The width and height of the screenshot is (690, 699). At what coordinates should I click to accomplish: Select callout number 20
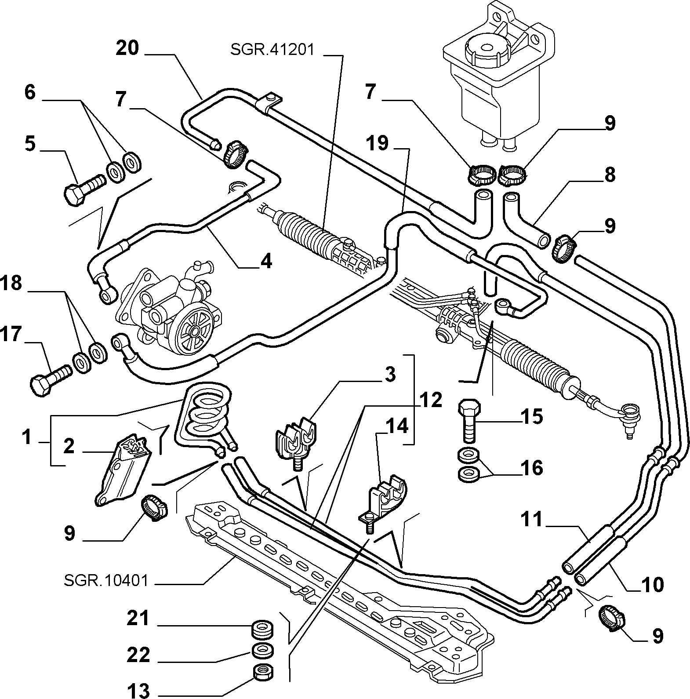click(x=127, y=48)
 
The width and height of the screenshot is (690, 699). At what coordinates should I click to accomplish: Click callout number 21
click(x=139, y=619)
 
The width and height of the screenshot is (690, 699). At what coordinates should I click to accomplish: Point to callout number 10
click(x=652, y=585)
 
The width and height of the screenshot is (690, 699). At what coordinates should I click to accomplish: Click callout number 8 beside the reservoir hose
click(x=610, y=175)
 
